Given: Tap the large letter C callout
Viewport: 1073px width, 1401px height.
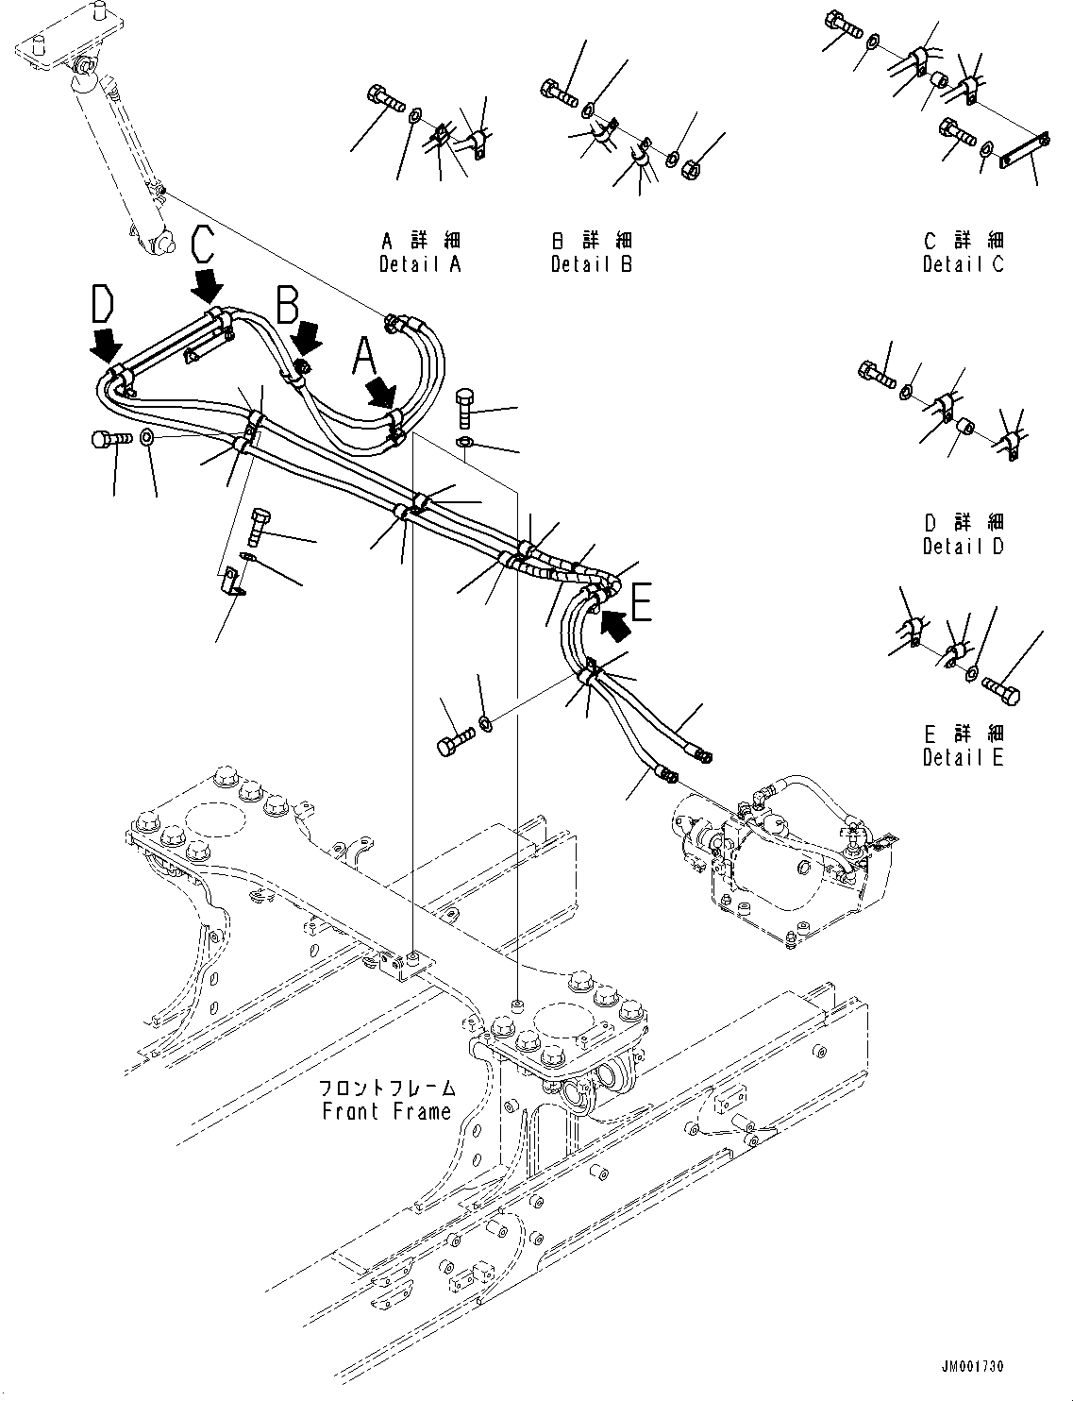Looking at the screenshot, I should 208,245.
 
